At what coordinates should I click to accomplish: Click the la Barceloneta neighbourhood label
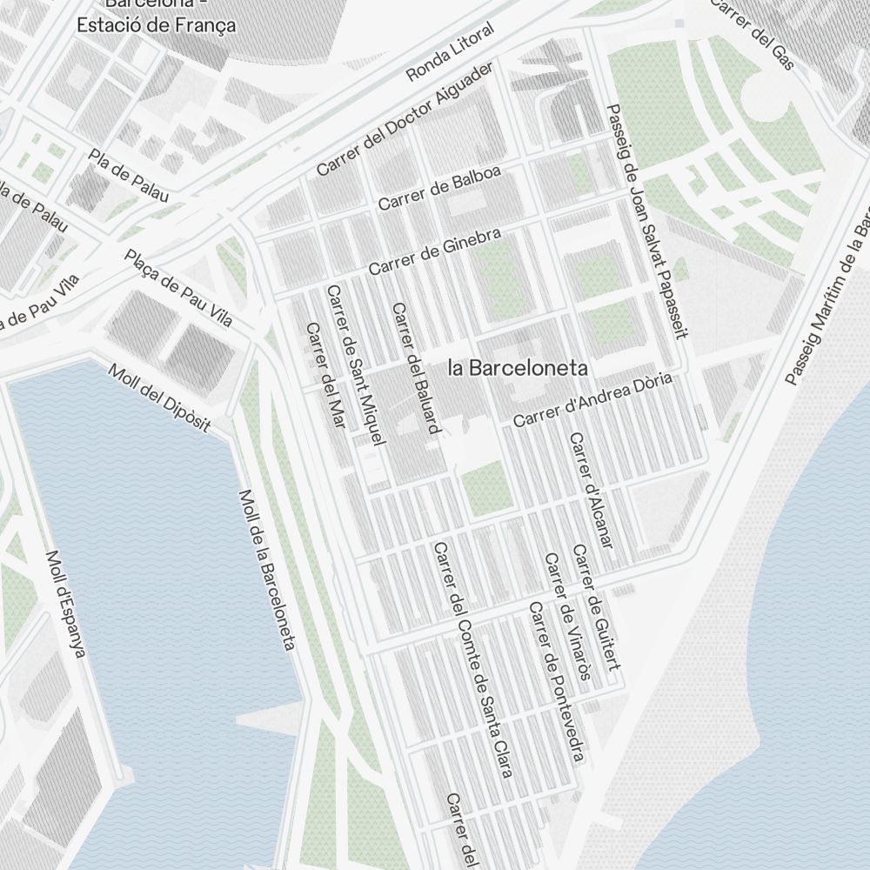tap(518, 368)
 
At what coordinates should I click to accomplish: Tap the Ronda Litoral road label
tap(450, 52)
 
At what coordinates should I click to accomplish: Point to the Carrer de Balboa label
tap(439, 188)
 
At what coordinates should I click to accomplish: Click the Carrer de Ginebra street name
tap(434, 251)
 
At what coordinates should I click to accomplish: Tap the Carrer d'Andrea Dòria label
tap(594, 400)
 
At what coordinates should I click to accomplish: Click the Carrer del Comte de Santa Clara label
tap(471, 659)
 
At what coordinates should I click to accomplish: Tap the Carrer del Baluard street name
tap(417, 368)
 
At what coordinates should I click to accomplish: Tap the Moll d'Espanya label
tap(65, 604)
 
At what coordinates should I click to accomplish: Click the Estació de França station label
tap(157, 23)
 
